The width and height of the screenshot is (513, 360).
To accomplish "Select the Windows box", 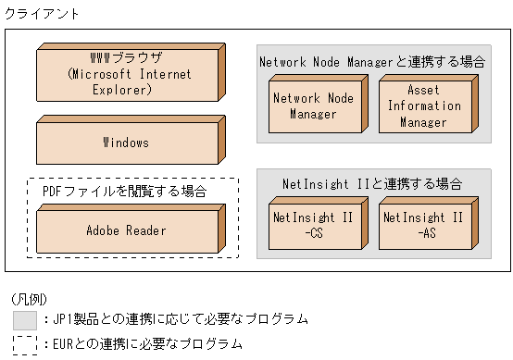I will (x=126, y=143).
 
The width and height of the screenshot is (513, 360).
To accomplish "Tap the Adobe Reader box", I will (x=126, y=230).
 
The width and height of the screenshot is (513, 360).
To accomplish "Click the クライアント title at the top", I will (x=43, y=14).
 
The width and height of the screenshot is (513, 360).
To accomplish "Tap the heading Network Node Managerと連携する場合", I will (x=372, y=62).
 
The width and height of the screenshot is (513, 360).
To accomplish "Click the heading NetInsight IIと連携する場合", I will (x=372, y=183).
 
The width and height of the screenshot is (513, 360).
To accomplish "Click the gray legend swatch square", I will (x=26, y=320).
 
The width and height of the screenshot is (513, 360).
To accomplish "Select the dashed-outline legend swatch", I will (x=26, y=344).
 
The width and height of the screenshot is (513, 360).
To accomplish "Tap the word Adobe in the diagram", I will (x=104, y=230).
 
